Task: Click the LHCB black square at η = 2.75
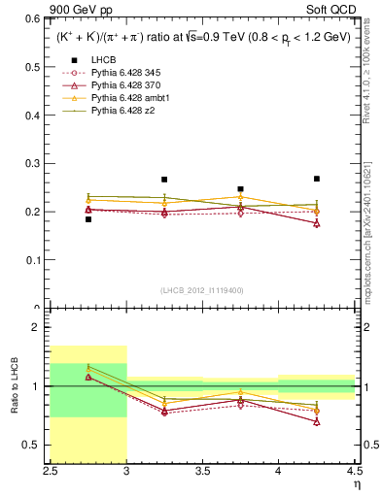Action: (88, 219)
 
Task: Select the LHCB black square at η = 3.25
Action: (164, 180)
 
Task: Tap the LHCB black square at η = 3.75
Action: (240, 189)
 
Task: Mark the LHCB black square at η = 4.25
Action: (317, 179)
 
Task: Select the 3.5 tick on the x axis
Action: (202, 471)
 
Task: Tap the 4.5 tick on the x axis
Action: (354, 471)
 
